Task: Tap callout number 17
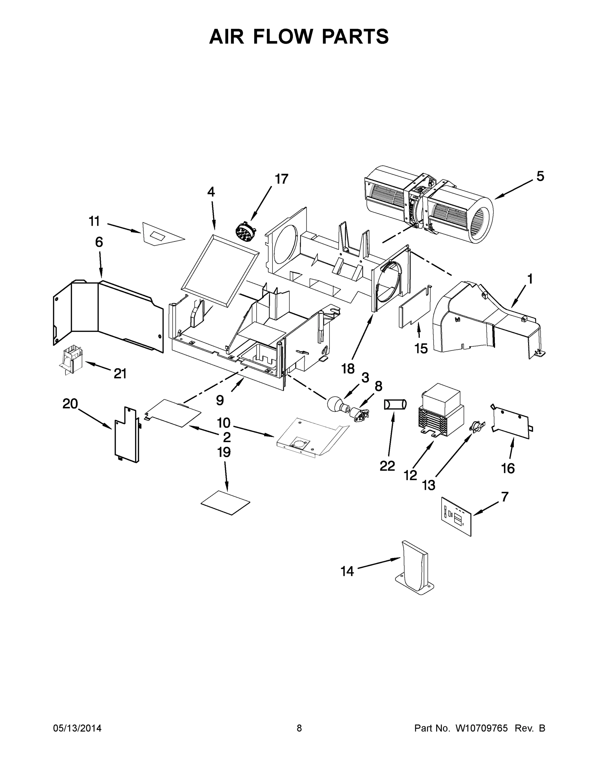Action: pos(281,179)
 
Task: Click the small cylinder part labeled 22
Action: pos(395,404)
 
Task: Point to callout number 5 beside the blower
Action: pos(540,176)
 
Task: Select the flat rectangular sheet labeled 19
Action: pos(225,502)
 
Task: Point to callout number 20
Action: pos(70,403)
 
